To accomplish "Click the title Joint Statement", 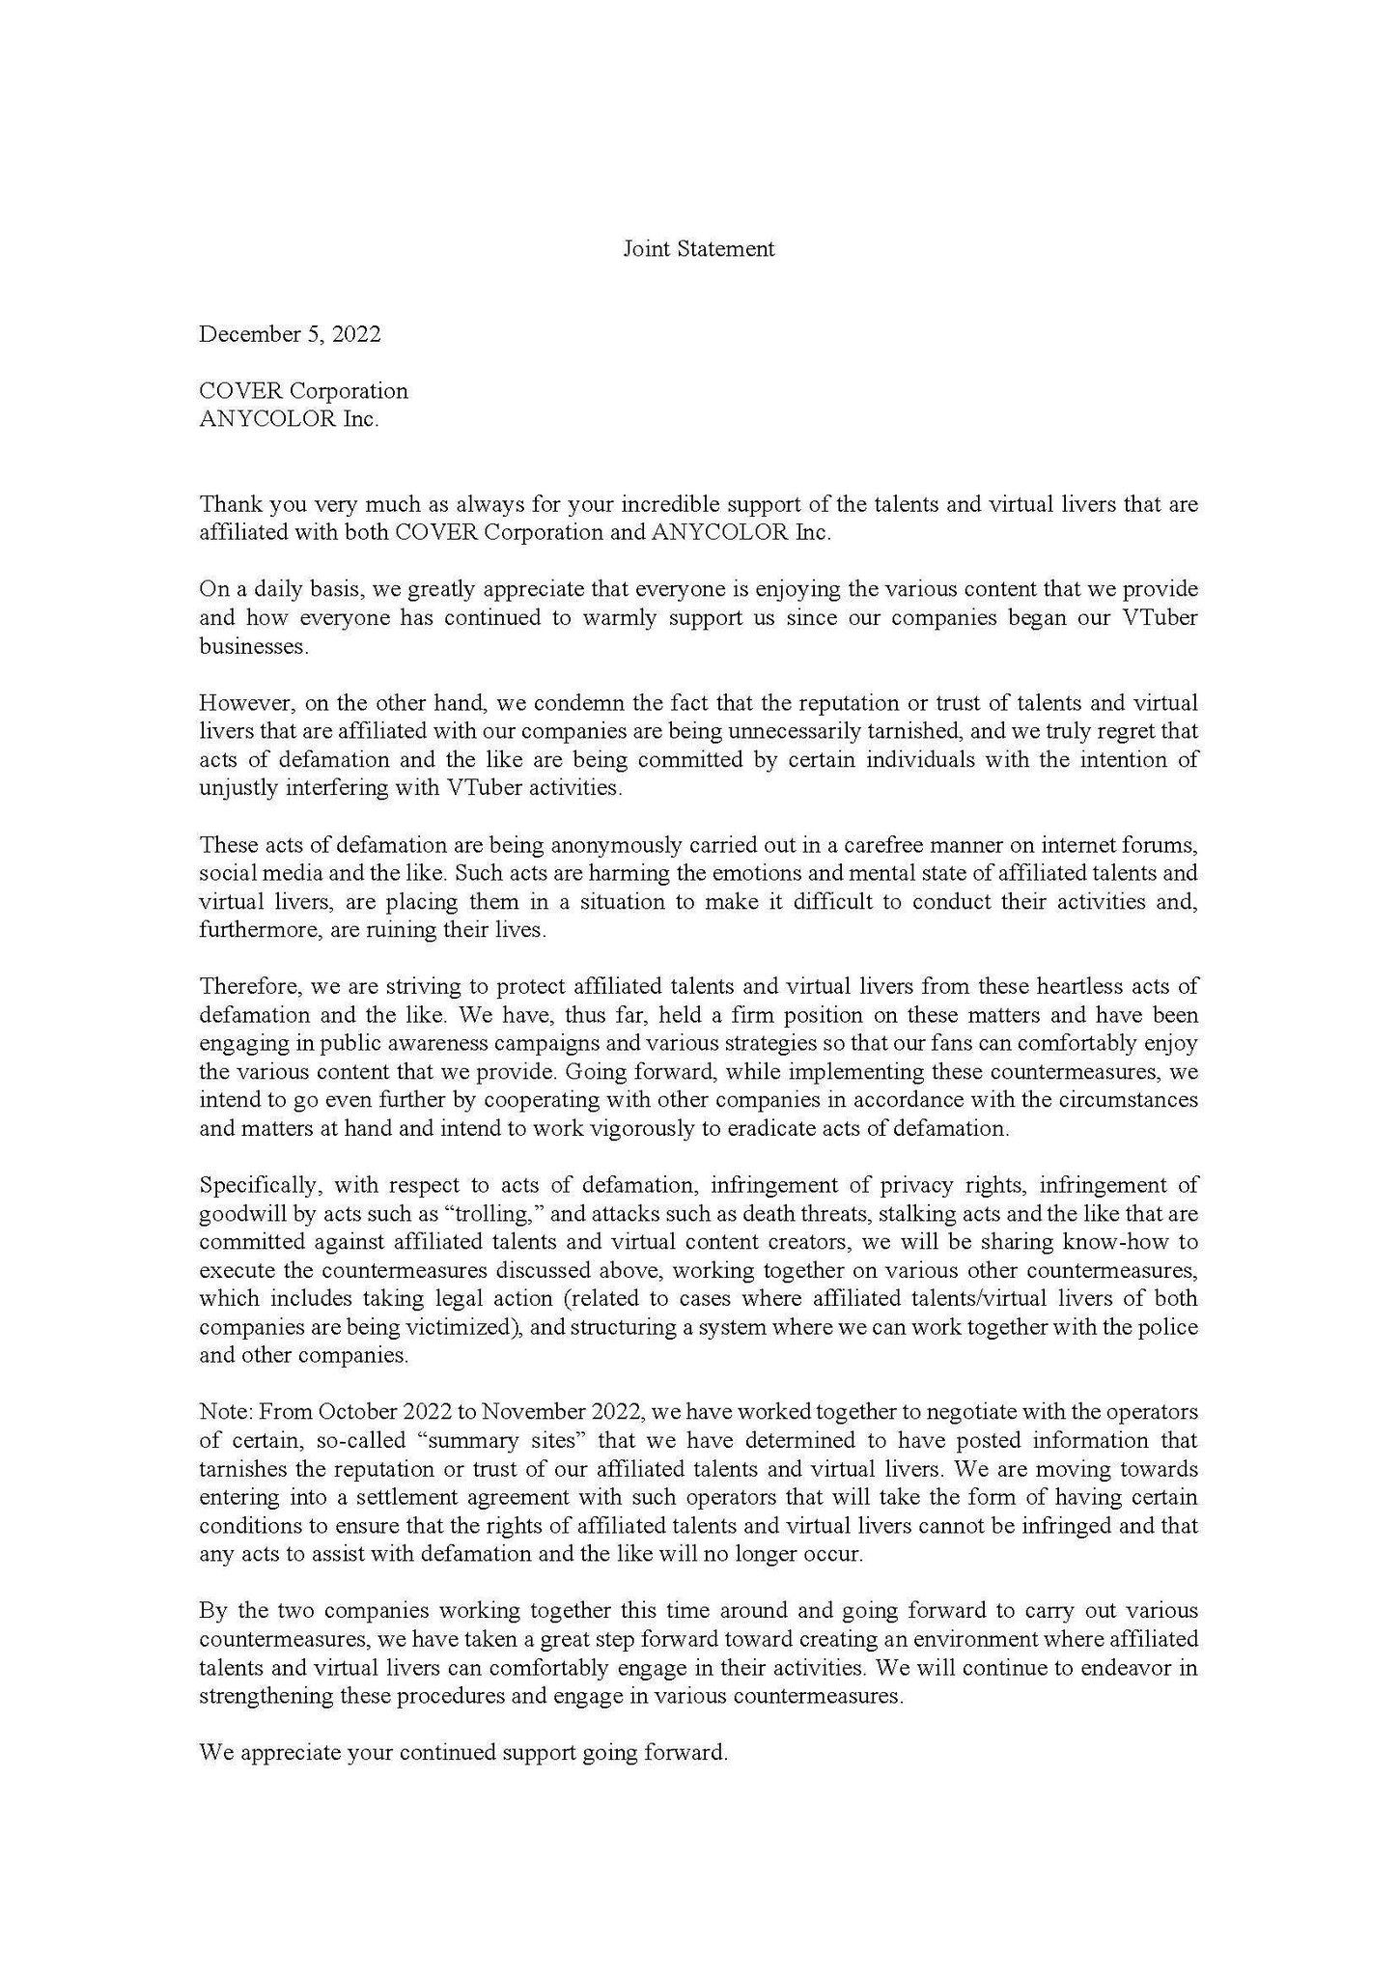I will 698,249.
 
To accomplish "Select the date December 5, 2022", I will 290,334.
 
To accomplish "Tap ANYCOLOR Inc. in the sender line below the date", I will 289,420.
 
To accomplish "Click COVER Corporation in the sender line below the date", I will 303,391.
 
